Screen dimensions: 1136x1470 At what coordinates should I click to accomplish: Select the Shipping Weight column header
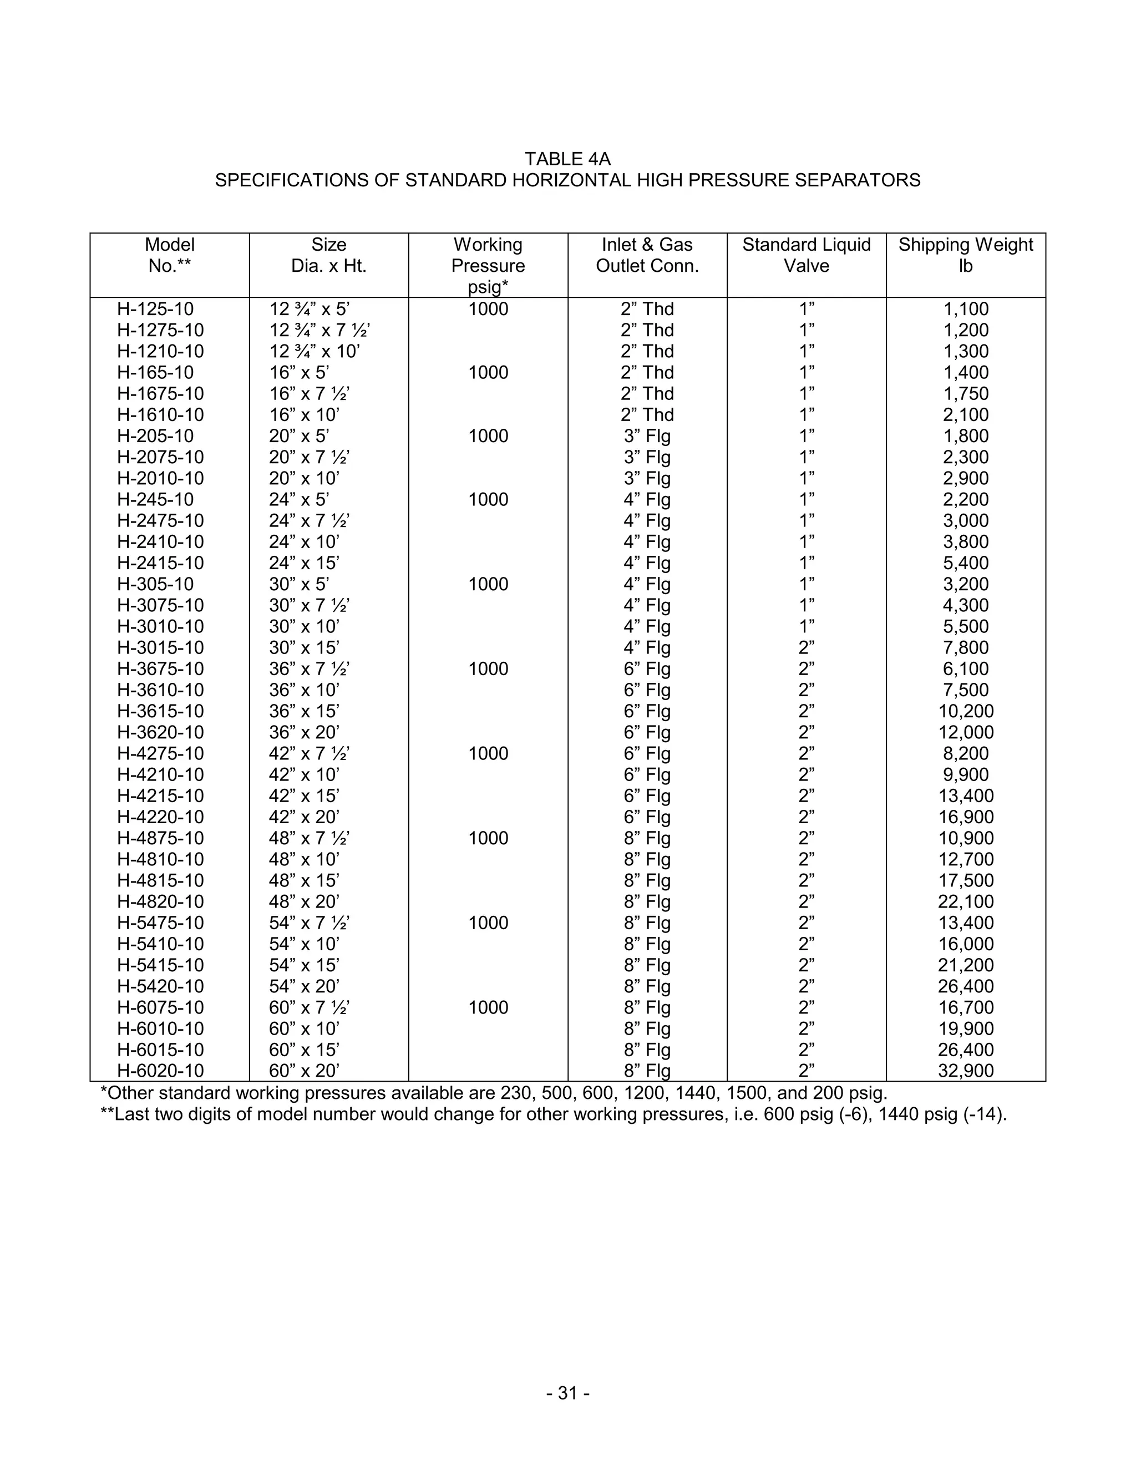(x=965, y=255)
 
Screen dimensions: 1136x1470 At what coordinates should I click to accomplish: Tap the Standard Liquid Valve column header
(x=806, y=255)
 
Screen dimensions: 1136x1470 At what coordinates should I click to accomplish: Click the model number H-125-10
(x=155, y=309)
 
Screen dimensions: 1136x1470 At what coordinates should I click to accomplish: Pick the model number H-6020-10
(x=160, y=1071)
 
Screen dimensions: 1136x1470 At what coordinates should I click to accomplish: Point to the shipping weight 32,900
(x=966, y=1071)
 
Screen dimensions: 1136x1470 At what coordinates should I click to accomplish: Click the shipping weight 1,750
(x=966, y=394)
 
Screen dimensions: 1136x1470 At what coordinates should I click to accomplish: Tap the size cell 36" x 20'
(x=304, y=732)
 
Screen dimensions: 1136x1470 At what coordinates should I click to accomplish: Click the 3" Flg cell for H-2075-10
(x=647, y=457)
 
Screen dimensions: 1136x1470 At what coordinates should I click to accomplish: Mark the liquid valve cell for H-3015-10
(x=806, y=647)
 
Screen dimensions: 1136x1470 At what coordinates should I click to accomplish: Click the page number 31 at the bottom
(x=568, y=1392)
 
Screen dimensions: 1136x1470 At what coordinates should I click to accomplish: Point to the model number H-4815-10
(x=160, y=880)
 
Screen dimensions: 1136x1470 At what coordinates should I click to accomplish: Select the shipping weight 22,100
(x=966, y=901)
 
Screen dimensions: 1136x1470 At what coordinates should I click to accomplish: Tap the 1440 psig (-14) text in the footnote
(x=941, y=1114)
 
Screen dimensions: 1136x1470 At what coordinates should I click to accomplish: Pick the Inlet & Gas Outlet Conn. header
(x=647, y=255)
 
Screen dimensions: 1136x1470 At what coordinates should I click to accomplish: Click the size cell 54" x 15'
(x=304, y=965)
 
